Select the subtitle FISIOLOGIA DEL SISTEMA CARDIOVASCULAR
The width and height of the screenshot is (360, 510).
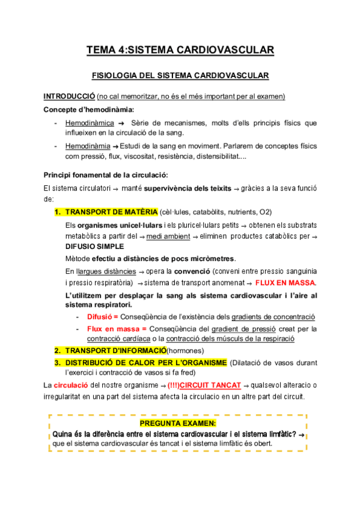click(x=180, y=76)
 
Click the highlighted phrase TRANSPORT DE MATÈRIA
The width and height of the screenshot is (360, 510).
click(x=111, y=212)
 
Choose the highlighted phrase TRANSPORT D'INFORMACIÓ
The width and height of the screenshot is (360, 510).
click(x=115, y=351)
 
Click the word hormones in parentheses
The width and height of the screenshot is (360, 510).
click(x=186, y=351)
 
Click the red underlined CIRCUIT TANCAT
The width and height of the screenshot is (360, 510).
click(x=210, y=384)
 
